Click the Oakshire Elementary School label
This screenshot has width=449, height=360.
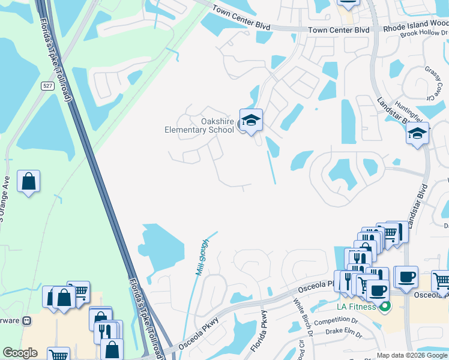(199, 125)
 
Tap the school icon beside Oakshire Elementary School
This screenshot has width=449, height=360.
(251, 121)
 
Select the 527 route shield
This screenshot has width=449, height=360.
(49, 86)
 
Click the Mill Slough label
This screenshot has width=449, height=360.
(202, 257)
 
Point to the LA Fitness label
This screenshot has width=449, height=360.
(356, 307)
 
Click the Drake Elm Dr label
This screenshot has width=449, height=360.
(345, 332)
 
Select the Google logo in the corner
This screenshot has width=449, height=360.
(20, 353)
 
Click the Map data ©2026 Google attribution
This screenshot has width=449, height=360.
(411, 355)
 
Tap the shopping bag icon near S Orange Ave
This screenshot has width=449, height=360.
(29, 181)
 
